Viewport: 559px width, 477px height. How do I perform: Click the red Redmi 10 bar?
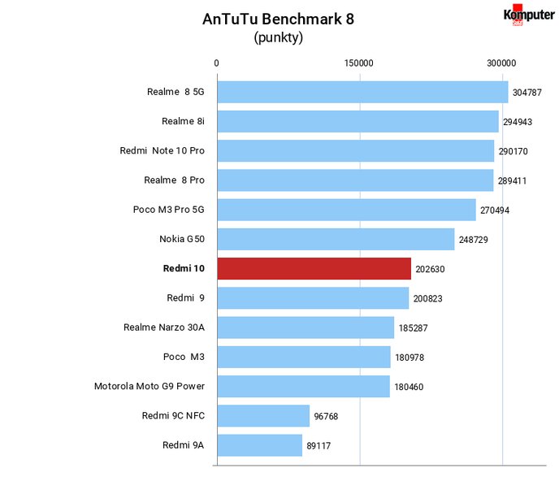pyautogui.click(x=314, y=268)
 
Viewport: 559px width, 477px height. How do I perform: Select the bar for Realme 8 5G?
pyautogui.click(x=362, y=92)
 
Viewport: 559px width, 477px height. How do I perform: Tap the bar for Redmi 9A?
pyautogui.click(x=260, y=445)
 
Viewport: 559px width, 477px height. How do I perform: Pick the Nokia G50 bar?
pyautogui.click(x=336, y=239)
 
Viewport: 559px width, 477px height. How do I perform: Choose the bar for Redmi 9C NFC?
pyautogui.click(x=263, y=416)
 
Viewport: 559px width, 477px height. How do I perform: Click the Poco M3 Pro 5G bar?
pyautogui.click(x=346, y=210)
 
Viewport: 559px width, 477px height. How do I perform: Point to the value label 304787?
pyautogui.click(x=527, y=93)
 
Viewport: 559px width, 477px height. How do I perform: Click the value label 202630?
pyautogui.click(x=430, y=269)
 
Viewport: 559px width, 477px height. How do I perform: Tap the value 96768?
pyautogui.click(x=326, y=416)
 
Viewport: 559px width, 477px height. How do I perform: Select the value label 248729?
pyautogui.click(x=474, y=240)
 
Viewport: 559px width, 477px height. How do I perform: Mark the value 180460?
pyautogui.click(x=409, y=387)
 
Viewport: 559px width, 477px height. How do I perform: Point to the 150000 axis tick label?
pyautogui.click(x=358, y=63)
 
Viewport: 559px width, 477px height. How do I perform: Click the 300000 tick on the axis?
pyautogui.click(x=501, y=63)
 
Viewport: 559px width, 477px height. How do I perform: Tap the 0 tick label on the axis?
pyautogui.click(x=216, y=63)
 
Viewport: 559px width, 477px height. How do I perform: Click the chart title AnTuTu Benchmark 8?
pyautogui.click(x=278, y=20)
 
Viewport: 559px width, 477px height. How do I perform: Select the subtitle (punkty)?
pyautogui.click(x=279, y=37)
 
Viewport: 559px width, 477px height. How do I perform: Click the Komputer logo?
pyautogui.click(x=529, y=15)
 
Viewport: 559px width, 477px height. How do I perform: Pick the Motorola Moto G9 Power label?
pyautogui.click(x=149, y=386)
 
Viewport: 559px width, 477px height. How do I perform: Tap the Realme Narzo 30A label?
pyautogui.click(x=164, y=327)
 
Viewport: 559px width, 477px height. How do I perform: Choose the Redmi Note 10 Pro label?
pyautogui.click(x=162, y=151)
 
